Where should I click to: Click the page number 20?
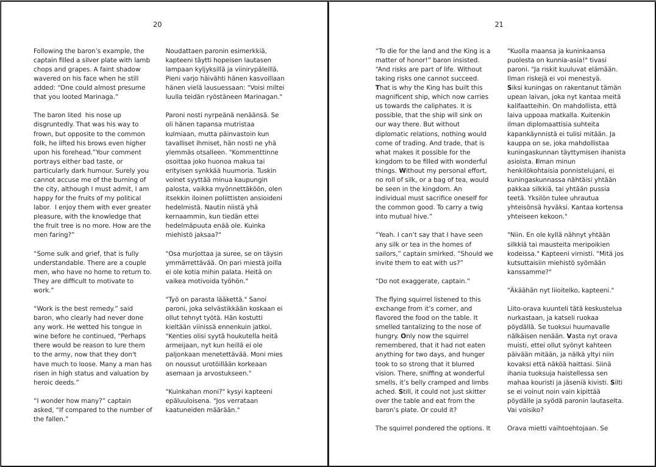click(x=157, y=24)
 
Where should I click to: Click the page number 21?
click(x=499, y=24)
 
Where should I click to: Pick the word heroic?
click(x=44, y=382)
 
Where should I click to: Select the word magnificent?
click(x=395, y=97)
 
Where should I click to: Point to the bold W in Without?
click(x=401, y=170)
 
